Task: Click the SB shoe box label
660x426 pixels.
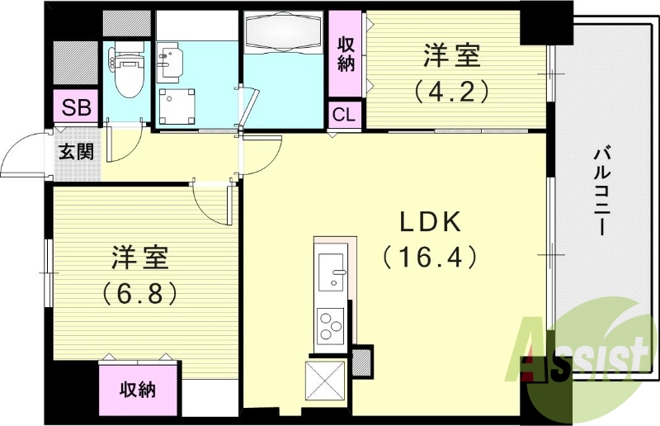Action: pos(77,108)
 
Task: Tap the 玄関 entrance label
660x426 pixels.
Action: pos(75,151)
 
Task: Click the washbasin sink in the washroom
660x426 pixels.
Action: pos(171,56)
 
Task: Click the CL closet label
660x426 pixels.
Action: pos(344,115)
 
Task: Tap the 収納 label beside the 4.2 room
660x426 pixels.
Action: pos(345,54)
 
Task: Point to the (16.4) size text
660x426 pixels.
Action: pos(430,258)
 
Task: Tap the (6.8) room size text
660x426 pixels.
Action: pos(139,293)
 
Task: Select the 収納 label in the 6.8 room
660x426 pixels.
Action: pos(138,390)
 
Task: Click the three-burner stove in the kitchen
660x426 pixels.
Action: pos(332,324)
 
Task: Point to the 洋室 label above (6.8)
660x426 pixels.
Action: pos(140,257)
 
